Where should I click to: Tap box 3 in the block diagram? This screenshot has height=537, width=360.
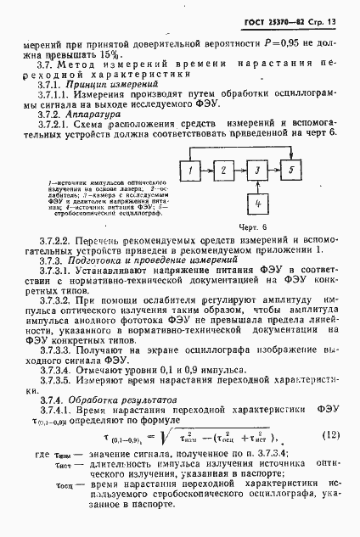pyautogui.click(x=256, y=171)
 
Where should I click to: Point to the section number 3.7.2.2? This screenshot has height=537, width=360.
pyautogui.click(x=49, y=241)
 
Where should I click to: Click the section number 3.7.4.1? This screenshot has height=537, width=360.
pyautogui.click(x=49, y=410)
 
